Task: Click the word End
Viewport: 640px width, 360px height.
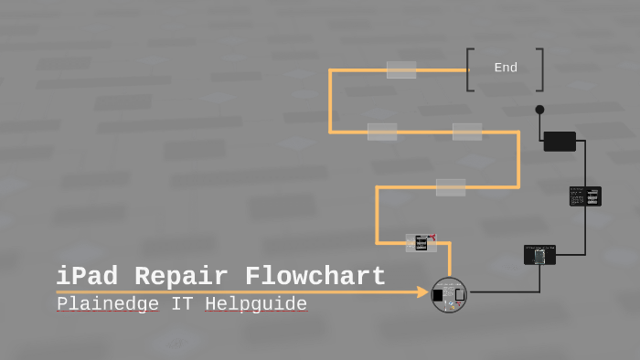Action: point(506,68)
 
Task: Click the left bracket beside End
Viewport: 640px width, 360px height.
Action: point(470,69)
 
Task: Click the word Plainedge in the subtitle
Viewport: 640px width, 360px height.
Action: point(108,303)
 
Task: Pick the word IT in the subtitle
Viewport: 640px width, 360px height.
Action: point(182,303)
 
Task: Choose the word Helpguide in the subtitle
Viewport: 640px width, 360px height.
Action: point(256,303)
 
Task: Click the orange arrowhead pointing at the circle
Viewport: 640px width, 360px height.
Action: point(422,292)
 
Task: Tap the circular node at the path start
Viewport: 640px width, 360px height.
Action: point(449,295)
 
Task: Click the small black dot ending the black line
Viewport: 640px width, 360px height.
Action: point(539,110)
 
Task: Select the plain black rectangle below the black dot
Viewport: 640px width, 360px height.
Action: point(560,142)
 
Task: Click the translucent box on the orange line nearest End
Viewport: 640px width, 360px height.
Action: point(401,69)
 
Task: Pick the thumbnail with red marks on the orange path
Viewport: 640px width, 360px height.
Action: point(421,242)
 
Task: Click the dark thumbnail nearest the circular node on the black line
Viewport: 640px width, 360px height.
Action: point(539,255)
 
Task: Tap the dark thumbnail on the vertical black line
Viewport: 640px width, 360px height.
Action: point(585,196)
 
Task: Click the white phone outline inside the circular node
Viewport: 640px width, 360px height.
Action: point(459,295)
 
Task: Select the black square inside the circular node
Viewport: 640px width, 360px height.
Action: point(439,295)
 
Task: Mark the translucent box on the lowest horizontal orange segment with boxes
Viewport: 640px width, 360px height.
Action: point(451,187)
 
